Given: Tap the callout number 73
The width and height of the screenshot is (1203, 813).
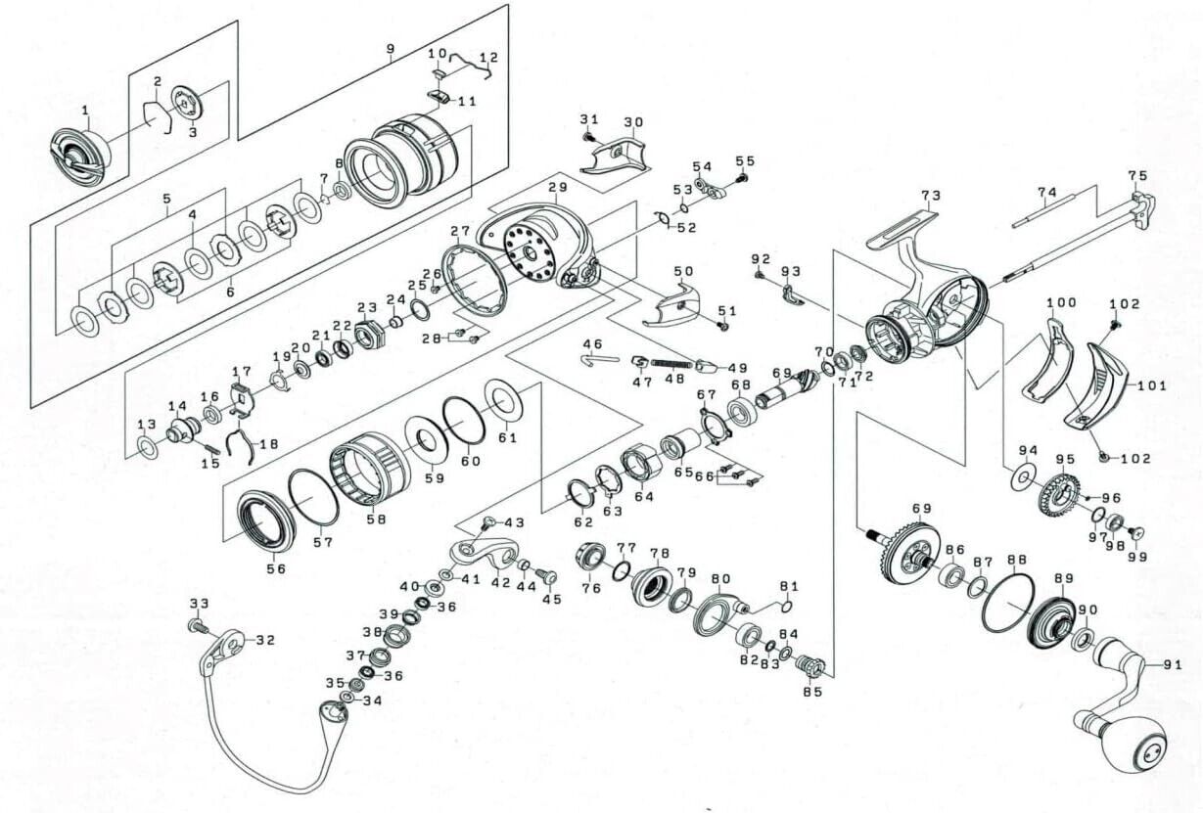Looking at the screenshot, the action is (931, 196).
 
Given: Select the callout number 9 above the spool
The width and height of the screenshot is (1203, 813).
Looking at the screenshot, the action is (391, 49).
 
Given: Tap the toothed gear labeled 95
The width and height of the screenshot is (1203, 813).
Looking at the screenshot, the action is (1059, 495).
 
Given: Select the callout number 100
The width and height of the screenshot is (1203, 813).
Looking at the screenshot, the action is (1061, 302).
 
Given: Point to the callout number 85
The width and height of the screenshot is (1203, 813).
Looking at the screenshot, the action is (812, 693).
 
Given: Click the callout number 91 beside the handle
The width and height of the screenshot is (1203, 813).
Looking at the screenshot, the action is (1173, 665).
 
